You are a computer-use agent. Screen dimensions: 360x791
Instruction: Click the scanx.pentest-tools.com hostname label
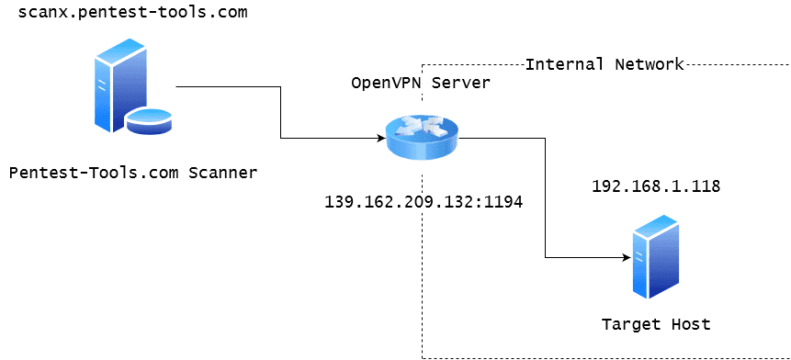click(x=126, y=15)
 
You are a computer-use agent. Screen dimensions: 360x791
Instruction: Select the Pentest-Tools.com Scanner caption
click(x=133, y=172)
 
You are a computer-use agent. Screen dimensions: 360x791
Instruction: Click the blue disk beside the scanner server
click(x=149, y=120)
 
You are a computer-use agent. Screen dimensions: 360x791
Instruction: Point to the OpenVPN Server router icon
click(x=422, y=138)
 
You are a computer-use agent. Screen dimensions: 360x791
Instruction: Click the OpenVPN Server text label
click(x=421, y=83)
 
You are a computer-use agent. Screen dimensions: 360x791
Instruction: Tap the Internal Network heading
click(x=605, y=64)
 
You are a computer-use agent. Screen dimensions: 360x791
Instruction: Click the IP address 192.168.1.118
click(x=655, y=186)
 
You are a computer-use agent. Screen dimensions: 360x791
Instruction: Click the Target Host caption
click(x=655, y=324)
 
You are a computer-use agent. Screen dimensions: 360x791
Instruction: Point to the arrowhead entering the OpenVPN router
click(x=379, y=139)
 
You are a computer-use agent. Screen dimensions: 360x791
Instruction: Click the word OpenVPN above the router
click(x=386, y=83)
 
